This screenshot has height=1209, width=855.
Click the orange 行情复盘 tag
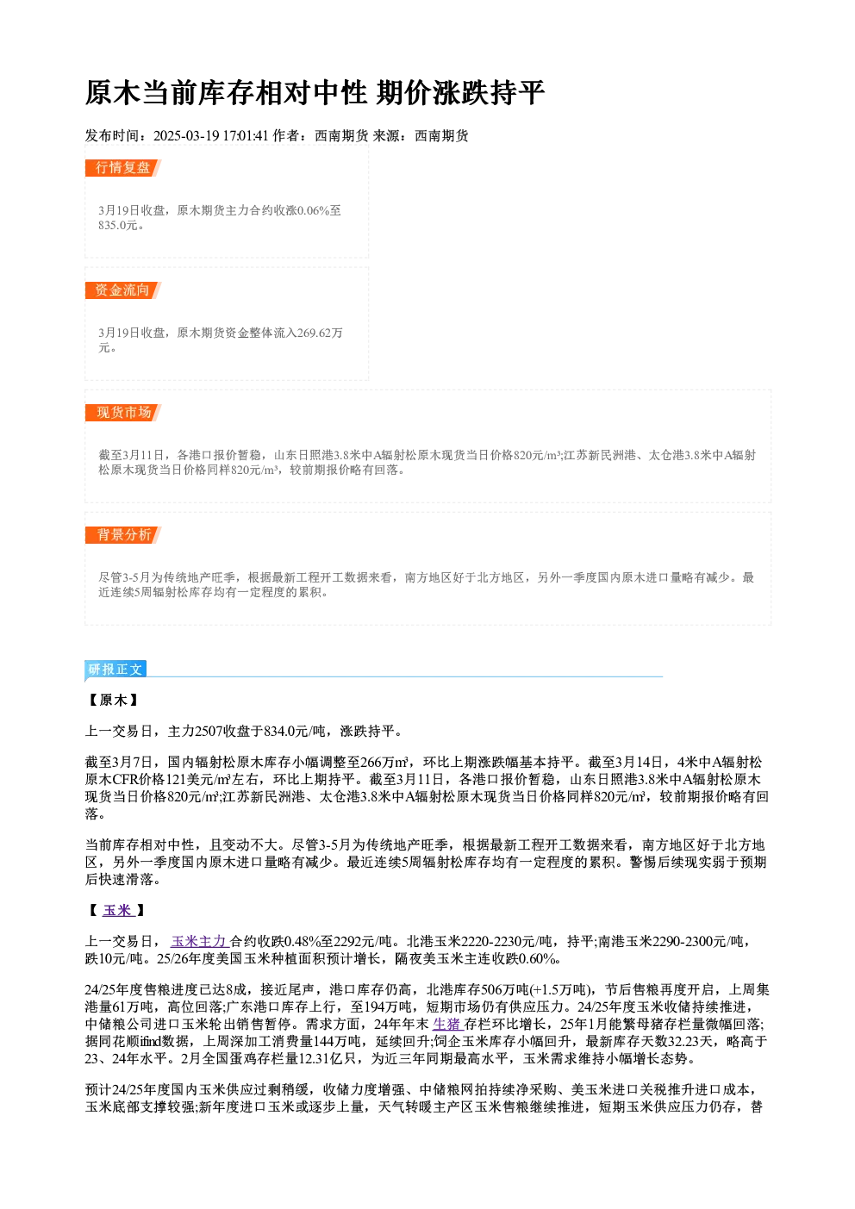[x=123, y=168]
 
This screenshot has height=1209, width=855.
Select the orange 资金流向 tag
[x=123, y=290]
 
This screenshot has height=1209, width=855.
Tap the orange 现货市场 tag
[x=123, y=413]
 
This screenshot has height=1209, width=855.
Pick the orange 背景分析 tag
[x=123, y=535]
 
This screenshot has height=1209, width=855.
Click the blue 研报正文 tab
[x=115, y=670]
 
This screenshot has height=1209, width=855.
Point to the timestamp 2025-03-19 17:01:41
[x=211, y=136]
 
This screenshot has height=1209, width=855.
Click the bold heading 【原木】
[x=114, y=701]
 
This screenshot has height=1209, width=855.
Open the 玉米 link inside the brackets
[x=117, y=911]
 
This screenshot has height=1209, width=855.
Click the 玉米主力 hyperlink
[x=198, y=942]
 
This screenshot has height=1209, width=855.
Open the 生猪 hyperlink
[x=447, y=1025]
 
